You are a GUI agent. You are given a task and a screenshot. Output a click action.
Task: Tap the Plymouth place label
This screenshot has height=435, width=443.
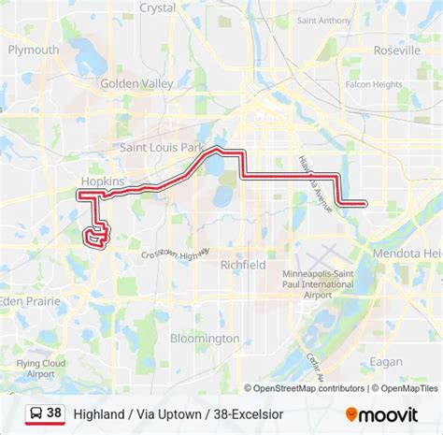[x=33, y=50]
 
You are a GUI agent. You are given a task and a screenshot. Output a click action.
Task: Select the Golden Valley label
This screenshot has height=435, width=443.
[x=136, y=82]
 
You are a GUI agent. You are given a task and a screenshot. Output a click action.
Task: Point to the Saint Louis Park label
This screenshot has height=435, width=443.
[x=161, y=147]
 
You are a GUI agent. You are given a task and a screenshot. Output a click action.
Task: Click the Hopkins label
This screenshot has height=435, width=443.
[x=102, y=179]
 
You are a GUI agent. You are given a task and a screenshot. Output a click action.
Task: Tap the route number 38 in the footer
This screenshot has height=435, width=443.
[x=54, y=413]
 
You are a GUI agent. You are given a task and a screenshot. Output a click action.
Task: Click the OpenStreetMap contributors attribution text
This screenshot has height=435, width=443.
[x=305, y=387]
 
